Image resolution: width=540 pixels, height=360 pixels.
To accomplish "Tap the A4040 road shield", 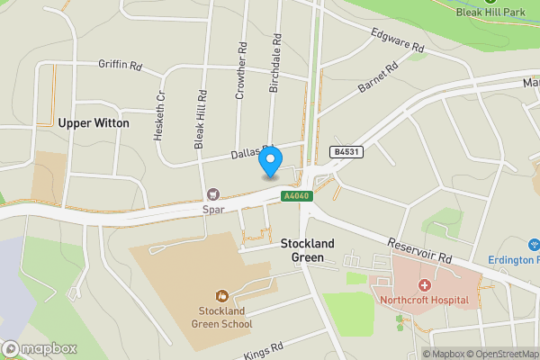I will click(x=293, y=196).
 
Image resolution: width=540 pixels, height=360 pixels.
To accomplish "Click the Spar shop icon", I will click(x=213, y=193).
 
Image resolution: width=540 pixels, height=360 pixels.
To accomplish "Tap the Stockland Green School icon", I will click(x=221, y=294).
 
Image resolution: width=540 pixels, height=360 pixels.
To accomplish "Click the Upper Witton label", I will click(x=93, y=122).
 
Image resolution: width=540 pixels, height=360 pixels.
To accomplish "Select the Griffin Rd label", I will click(x=121, y=66).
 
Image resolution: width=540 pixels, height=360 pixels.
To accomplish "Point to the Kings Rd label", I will click(x=264, y=348).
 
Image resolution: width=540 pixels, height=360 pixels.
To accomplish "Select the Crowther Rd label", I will click(x=240, y=71).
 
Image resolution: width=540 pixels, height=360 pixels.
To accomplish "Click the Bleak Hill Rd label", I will click(x=202, y=118).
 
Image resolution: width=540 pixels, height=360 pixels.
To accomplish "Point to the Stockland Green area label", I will click(x=308, y=250).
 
